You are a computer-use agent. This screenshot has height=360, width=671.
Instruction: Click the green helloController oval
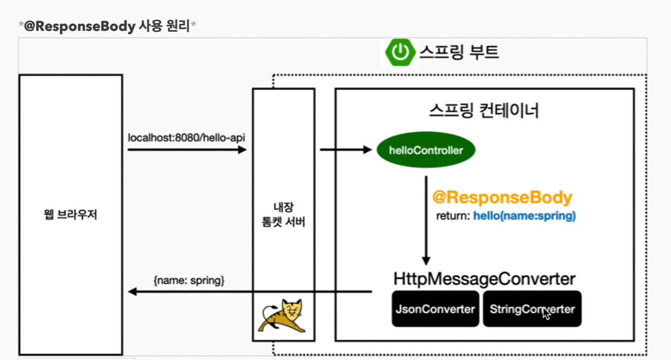[426, 150]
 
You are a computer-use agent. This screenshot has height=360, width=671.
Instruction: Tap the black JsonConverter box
[435, 309]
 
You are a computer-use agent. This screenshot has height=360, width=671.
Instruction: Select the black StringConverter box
[532, 309]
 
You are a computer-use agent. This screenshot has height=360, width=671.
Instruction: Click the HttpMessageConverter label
[484, 279]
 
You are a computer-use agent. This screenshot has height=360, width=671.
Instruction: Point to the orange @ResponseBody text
[502, 198]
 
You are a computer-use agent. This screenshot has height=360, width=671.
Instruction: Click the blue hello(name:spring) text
[524, 216]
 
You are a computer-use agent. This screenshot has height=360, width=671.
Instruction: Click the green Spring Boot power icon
[400, 52]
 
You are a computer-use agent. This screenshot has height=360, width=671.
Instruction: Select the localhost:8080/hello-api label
[186, 138]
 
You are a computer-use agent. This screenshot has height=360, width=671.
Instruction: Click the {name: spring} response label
[189, 280]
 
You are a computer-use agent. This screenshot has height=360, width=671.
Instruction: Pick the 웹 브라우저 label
[71, 215]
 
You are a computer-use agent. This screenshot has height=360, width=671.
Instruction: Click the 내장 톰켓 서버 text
[283, 215]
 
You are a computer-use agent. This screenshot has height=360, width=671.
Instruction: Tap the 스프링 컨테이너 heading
[484, 110]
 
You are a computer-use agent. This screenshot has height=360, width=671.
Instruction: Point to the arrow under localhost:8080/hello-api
[186, 150]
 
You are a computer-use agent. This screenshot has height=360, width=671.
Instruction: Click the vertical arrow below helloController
[426, 220]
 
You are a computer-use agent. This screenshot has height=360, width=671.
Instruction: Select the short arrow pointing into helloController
[345, 150]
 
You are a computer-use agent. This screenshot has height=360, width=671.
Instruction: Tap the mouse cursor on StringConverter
[546, 313]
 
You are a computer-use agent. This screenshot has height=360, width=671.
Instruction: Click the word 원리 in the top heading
[178, 26]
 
